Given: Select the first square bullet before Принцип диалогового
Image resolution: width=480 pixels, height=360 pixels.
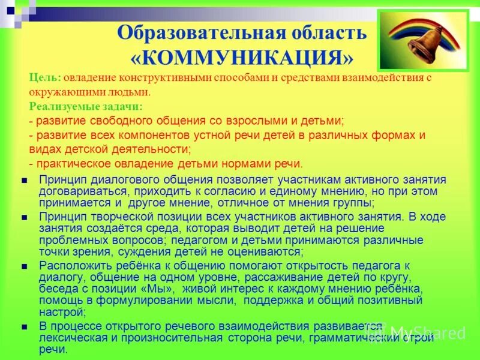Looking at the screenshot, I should (x=23, y=179).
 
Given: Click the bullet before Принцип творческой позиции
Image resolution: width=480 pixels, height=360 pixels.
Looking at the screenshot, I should (x=23, y=217).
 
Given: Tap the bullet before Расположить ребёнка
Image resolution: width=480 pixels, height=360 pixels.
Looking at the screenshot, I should (x=23, y=265).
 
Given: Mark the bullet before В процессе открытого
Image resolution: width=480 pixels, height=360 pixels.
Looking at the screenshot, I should (x=23, y=326).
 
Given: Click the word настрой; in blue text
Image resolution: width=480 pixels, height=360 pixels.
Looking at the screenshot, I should (x=62, y=312).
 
